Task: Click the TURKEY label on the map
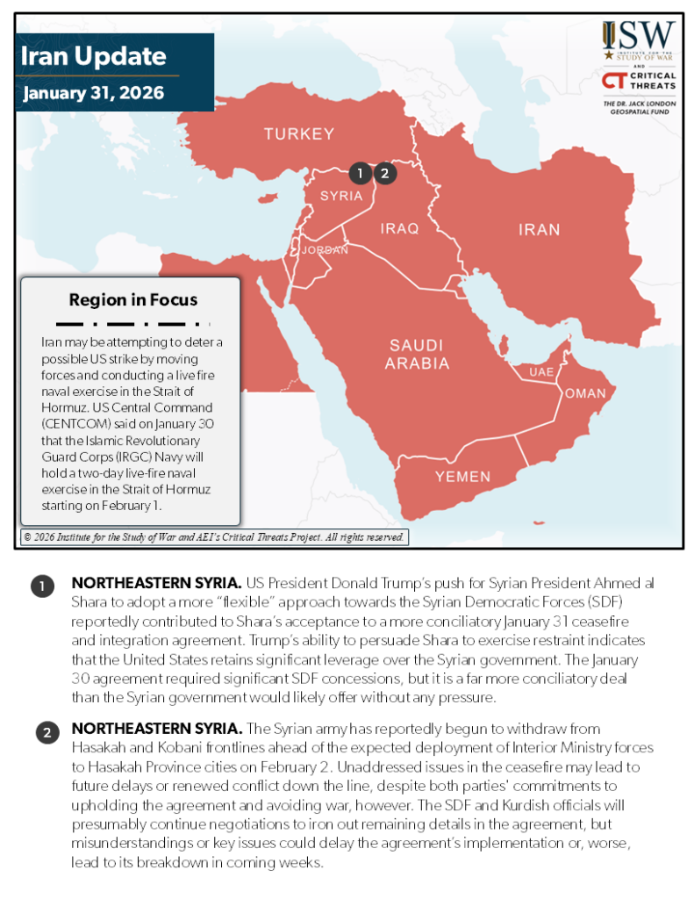299,134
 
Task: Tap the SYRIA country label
341,196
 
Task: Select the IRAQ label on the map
399,228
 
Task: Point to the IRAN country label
539,230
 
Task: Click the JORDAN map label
325,250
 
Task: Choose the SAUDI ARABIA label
419,354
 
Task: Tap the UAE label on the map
540,372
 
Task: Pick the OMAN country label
584,393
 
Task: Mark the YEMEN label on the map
463,477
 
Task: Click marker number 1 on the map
360,173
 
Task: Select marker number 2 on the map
384,173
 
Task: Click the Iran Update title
93,58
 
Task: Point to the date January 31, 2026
93,92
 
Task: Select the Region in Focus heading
133,299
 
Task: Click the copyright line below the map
213,536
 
